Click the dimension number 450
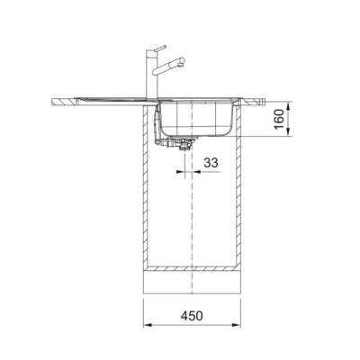[192, 316]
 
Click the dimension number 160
[279, 119]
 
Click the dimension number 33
[211, 163]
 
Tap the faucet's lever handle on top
[158, 49]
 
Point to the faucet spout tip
[181, 62]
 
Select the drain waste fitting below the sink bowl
[183, 144]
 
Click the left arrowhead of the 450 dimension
[147, 325]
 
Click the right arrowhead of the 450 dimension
[238, 325]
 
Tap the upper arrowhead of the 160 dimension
[288, 106]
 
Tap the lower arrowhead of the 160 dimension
[288, 133]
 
